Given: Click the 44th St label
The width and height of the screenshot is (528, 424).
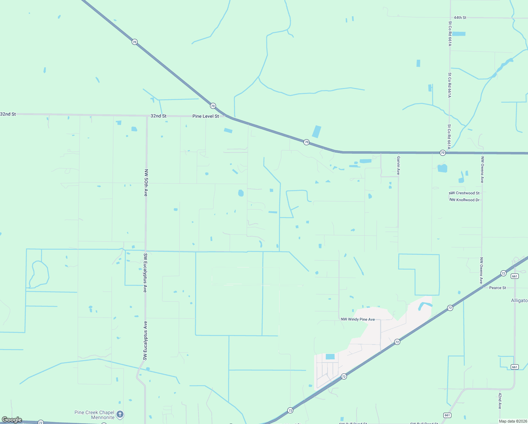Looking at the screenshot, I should tap(460, 17).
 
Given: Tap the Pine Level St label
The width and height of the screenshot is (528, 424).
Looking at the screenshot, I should tap(205, 116).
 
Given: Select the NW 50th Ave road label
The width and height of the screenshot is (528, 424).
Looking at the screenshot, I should tap(146, 183).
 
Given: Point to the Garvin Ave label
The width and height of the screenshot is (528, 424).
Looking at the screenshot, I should tap(398, 165).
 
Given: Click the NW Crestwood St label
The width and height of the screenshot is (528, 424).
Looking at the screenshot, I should tap(464, 193).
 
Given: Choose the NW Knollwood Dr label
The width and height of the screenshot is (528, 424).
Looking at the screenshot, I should tap(465, 200).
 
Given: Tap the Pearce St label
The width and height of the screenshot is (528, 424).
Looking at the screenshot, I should tap(497, 288).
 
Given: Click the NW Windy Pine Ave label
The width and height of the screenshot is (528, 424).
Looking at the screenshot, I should tap(358, 319).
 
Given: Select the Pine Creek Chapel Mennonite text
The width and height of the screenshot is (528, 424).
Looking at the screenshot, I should tap(95, 415).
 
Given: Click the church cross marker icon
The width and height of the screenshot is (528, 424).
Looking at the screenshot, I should tap(120, 414).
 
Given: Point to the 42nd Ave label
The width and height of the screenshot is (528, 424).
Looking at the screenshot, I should tap(500, 401).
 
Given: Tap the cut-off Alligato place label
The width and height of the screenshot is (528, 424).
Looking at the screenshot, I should tap(519, 301).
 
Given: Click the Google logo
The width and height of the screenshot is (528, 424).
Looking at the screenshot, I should tap(12, 420).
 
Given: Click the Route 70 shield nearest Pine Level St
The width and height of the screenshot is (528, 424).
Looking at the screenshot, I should tap(213, 106).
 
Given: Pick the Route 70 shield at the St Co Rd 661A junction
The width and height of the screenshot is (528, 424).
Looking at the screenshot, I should tap(443, 153).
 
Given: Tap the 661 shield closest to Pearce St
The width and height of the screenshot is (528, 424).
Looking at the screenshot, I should tap(515, 276).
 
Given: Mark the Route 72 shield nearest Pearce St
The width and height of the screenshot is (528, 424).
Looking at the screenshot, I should tap(503, 273).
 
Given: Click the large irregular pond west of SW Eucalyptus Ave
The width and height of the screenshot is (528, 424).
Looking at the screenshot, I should tap(40, 274).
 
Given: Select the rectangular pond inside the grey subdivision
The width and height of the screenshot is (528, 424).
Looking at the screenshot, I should tap(330, 357).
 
